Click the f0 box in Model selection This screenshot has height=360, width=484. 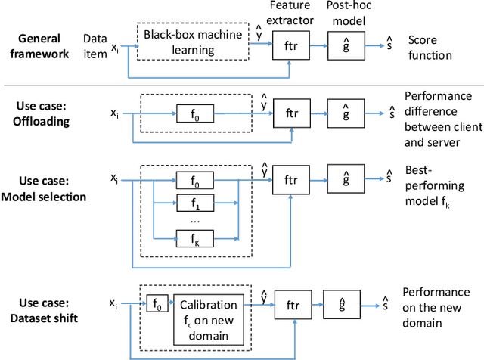pos(195,181)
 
